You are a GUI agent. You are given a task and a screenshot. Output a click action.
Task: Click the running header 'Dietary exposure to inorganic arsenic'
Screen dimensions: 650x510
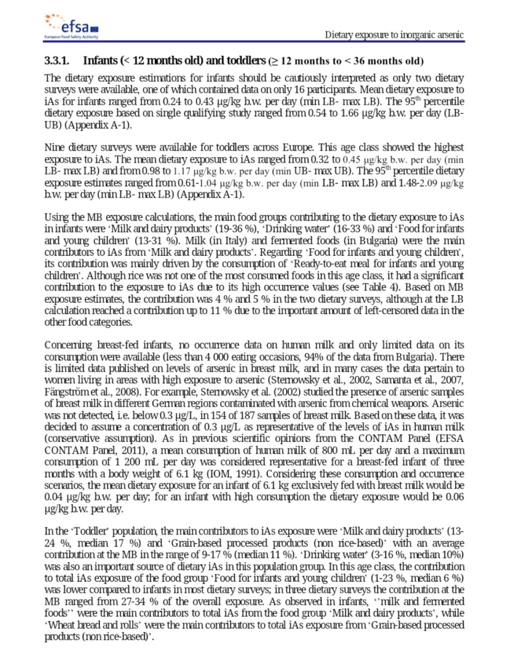(394, 35)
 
